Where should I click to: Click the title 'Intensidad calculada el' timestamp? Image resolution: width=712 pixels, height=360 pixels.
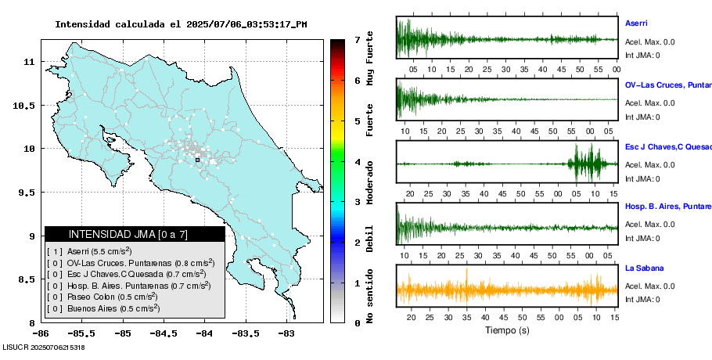[x=181, y=24]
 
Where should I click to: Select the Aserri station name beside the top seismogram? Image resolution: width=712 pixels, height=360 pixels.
[x=636, y=23]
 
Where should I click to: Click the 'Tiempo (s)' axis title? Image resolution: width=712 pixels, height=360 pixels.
[x=507, y=330]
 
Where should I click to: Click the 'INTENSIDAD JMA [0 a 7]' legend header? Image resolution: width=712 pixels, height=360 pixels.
[x=135, y=234]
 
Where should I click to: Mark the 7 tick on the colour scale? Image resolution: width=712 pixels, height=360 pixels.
[x=357, y=39]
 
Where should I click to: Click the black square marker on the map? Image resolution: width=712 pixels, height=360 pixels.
[x=198, y=160]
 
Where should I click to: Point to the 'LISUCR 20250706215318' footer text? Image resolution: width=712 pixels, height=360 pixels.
[x=44, y=347]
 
